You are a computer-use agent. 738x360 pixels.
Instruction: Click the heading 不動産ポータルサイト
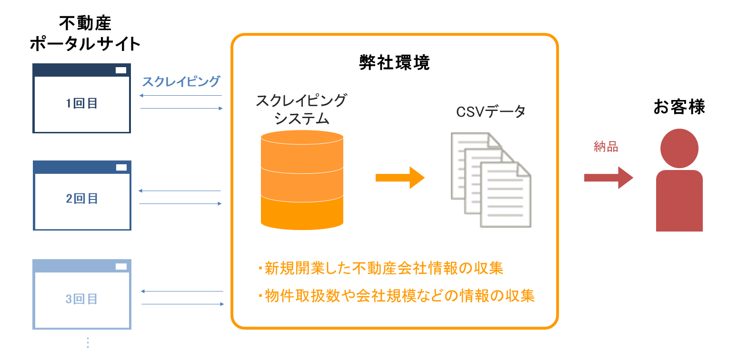click(x=85, y=33)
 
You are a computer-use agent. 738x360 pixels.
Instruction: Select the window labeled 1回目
click(x=81, y=103)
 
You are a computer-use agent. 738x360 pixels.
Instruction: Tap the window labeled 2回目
click(x=82, y=199)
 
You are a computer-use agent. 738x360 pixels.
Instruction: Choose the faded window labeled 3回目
click(x=82, y=299)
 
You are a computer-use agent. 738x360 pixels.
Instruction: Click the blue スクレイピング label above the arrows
click(x=181, y=81)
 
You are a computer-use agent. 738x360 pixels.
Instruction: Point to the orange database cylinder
click(x=302, y=180)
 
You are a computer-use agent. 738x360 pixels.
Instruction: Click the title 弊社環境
click(x=394, y=63)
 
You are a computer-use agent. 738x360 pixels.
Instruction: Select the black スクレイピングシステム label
click(x=301, y=110)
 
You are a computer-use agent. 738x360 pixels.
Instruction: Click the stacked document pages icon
click(x=491, y=180)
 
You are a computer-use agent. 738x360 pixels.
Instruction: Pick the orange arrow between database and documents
click(x=399, y=178)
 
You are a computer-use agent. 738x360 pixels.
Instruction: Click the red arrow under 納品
click(x=608, y=178)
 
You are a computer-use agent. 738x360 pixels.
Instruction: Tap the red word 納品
click(x=606, y=147)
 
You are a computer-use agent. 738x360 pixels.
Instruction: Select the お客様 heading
click(x=679, y=107)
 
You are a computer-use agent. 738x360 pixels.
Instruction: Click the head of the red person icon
click(x=679, y=148)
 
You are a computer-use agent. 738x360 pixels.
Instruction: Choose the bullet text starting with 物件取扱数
click(x=396, y=296)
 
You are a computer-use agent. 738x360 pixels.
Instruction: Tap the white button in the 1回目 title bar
click(x=121, y=70)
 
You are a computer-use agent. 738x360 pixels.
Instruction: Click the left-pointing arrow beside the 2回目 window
click(x=180, y=191)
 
